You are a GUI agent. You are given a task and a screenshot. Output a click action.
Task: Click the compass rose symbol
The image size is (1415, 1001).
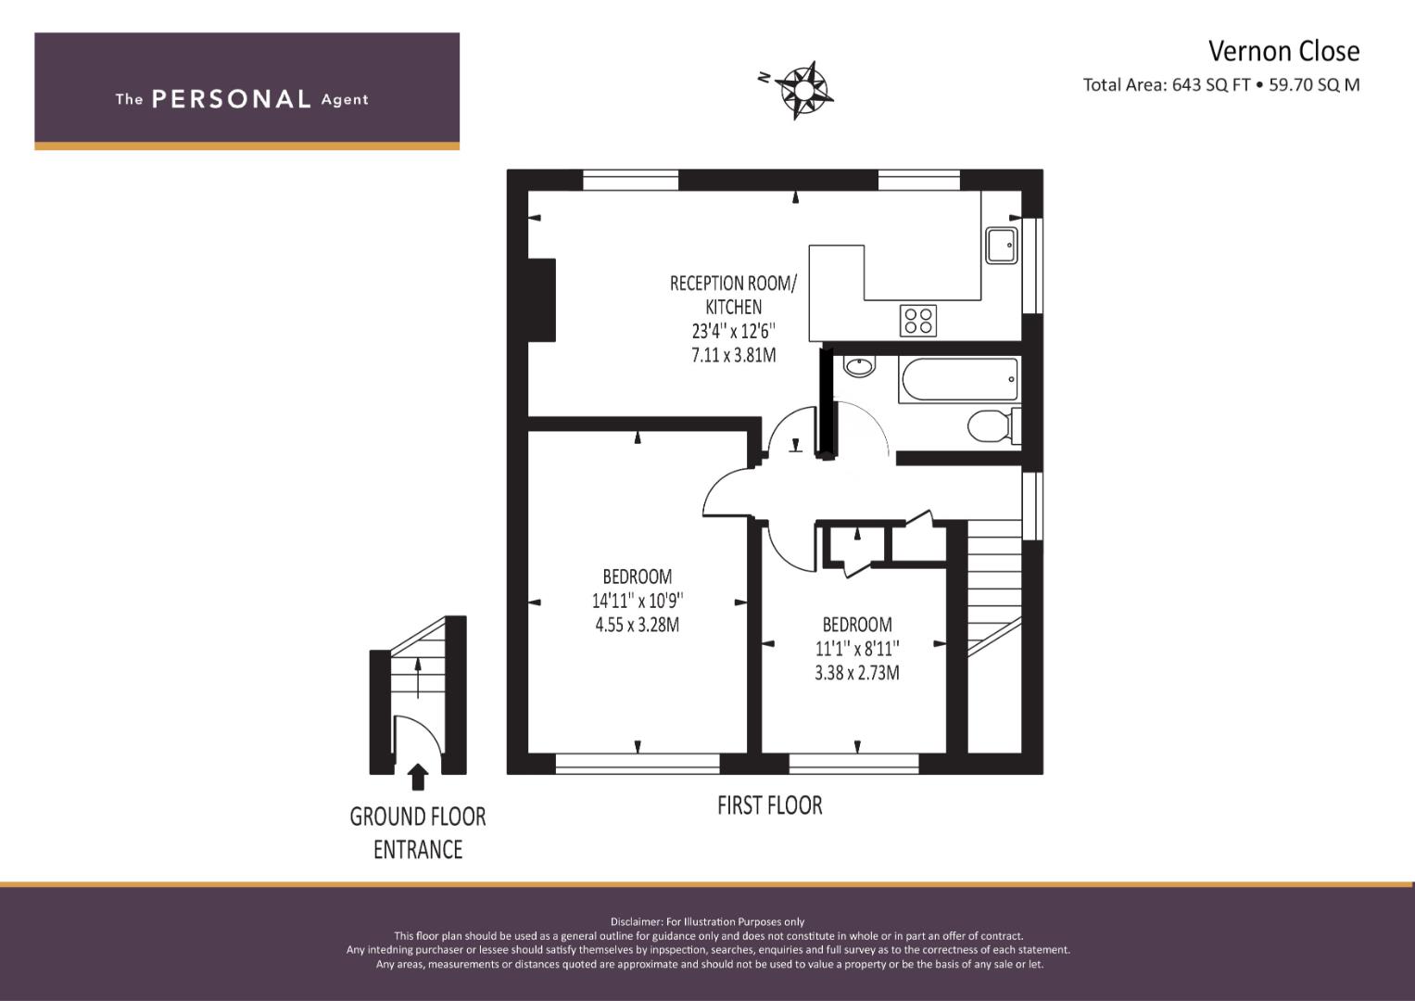coord(803,91)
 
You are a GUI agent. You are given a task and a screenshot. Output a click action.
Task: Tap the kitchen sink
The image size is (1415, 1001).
coord(1001,246)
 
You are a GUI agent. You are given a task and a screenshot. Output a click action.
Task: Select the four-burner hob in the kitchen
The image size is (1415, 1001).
coord(918,321)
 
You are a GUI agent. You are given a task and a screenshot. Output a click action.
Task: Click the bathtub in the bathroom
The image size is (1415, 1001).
coord(959,379)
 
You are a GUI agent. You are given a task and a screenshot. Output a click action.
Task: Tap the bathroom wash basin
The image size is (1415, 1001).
coord(859,366)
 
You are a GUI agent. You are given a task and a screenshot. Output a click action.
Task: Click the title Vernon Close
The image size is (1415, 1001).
coord(1283,51)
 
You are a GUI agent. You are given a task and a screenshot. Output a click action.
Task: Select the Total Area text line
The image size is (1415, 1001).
coord(1221,84)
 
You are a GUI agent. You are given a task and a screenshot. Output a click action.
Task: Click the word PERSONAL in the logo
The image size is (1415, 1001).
coord(232,99)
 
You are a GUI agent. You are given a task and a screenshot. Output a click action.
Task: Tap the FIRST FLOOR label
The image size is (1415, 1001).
coord(770,805)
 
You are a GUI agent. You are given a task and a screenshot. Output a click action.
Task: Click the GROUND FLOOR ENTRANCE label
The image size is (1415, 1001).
coord(418,833)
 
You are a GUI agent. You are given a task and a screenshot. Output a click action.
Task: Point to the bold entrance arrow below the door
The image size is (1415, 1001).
coord(418,777)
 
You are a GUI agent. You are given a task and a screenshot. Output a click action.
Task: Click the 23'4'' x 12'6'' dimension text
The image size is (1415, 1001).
coord(733,331)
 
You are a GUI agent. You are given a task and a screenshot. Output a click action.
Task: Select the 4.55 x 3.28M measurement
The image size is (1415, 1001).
coord(638,625)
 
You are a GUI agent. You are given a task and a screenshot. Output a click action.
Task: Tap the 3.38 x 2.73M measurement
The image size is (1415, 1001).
coord(857,673)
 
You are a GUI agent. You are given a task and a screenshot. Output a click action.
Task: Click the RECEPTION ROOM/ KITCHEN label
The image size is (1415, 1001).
coord(733,295)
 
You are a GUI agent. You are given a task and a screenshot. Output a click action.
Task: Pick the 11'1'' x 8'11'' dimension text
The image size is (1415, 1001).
coord(857,649)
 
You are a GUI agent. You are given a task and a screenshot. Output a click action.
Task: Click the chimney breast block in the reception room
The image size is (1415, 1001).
coord(542,299)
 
